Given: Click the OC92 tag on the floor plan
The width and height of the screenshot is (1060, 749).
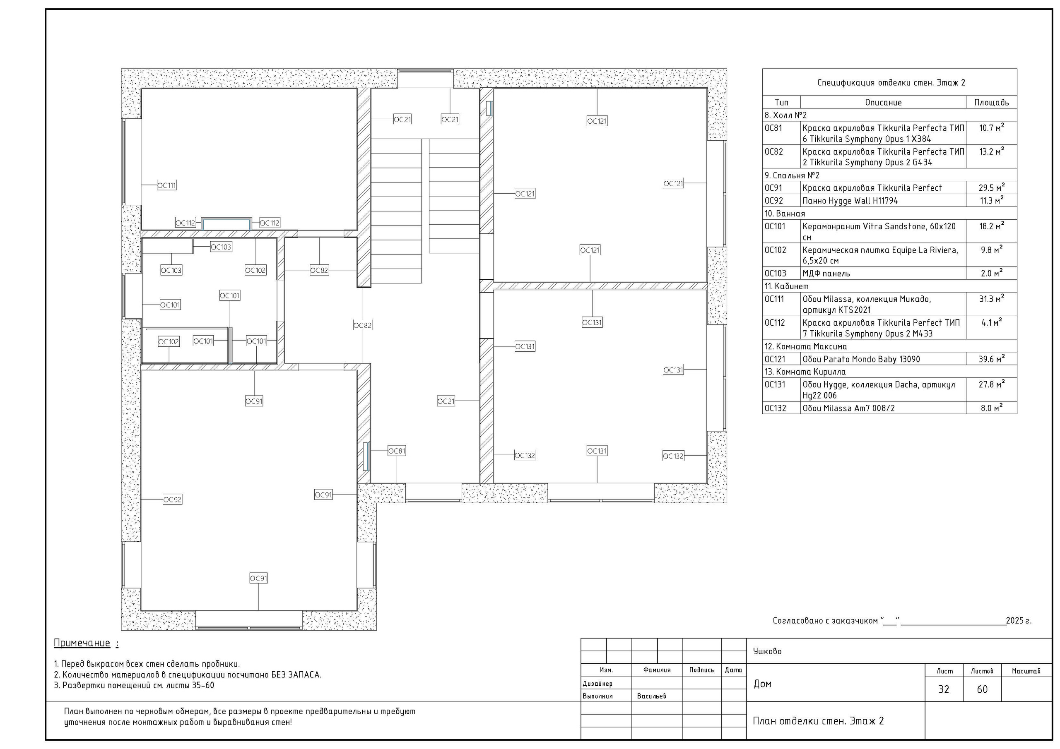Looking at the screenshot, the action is pos(172,499).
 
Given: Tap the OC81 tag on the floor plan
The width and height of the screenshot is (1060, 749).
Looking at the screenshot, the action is pos(397,451).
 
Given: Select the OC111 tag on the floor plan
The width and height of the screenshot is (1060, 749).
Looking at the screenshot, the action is pos(167,185).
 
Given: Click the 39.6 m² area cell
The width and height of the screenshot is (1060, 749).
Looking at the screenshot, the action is pos(991,359).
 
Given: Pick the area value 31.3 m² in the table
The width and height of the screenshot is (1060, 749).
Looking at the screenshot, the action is pos(991,299).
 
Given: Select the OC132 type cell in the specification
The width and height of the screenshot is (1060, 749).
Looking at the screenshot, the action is pos(776,408).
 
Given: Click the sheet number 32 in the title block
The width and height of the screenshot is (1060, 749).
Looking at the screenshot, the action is pos(944,689).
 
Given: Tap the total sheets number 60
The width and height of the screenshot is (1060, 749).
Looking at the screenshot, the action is pos(982,689).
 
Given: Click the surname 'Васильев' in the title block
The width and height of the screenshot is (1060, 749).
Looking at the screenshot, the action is pos(651,696).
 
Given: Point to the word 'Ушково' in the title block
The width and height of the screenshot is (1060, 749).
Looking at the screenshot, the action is pos(767,651).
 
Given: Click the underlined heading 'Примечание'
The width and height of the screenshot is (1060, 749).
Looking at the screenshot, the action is pos(82,643).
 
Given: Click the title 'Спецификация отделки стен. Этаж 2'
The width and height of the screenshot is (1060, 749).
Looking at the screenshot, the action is pos(891,83).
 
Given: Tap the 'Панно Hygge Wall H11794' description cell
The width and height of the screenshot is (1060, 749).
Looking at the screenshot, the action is pos(850,201).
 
